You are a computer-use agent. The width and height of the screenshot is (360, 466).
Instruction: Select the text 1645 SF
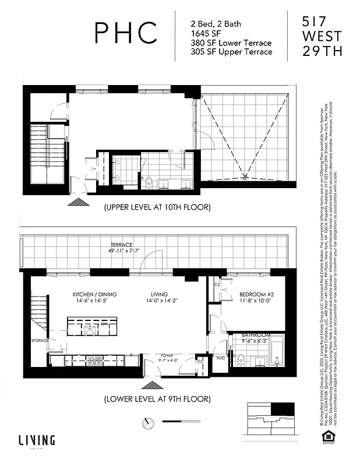(x=205, y=33)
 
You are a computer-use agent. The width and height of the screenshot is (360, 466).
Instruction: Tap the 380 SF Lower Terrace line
(x=231, y=43)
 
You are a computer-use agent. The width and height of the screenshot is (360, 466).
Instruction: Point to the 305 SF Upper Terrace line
(x=231, y=52)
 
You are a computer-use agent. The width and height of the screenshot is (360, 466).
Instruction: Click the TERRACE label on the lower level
(x=122, y=245)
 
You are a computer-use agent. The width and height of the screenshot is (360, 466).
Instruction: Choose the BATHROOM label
(x=257, y=335)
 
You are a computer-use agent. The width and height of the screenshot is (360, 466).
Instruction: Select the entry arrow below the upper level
(x=77, y=201)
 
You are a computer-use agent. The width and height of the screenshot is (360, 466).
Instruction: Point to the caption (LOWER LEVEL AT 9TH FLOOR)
(x=157, y=399)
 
